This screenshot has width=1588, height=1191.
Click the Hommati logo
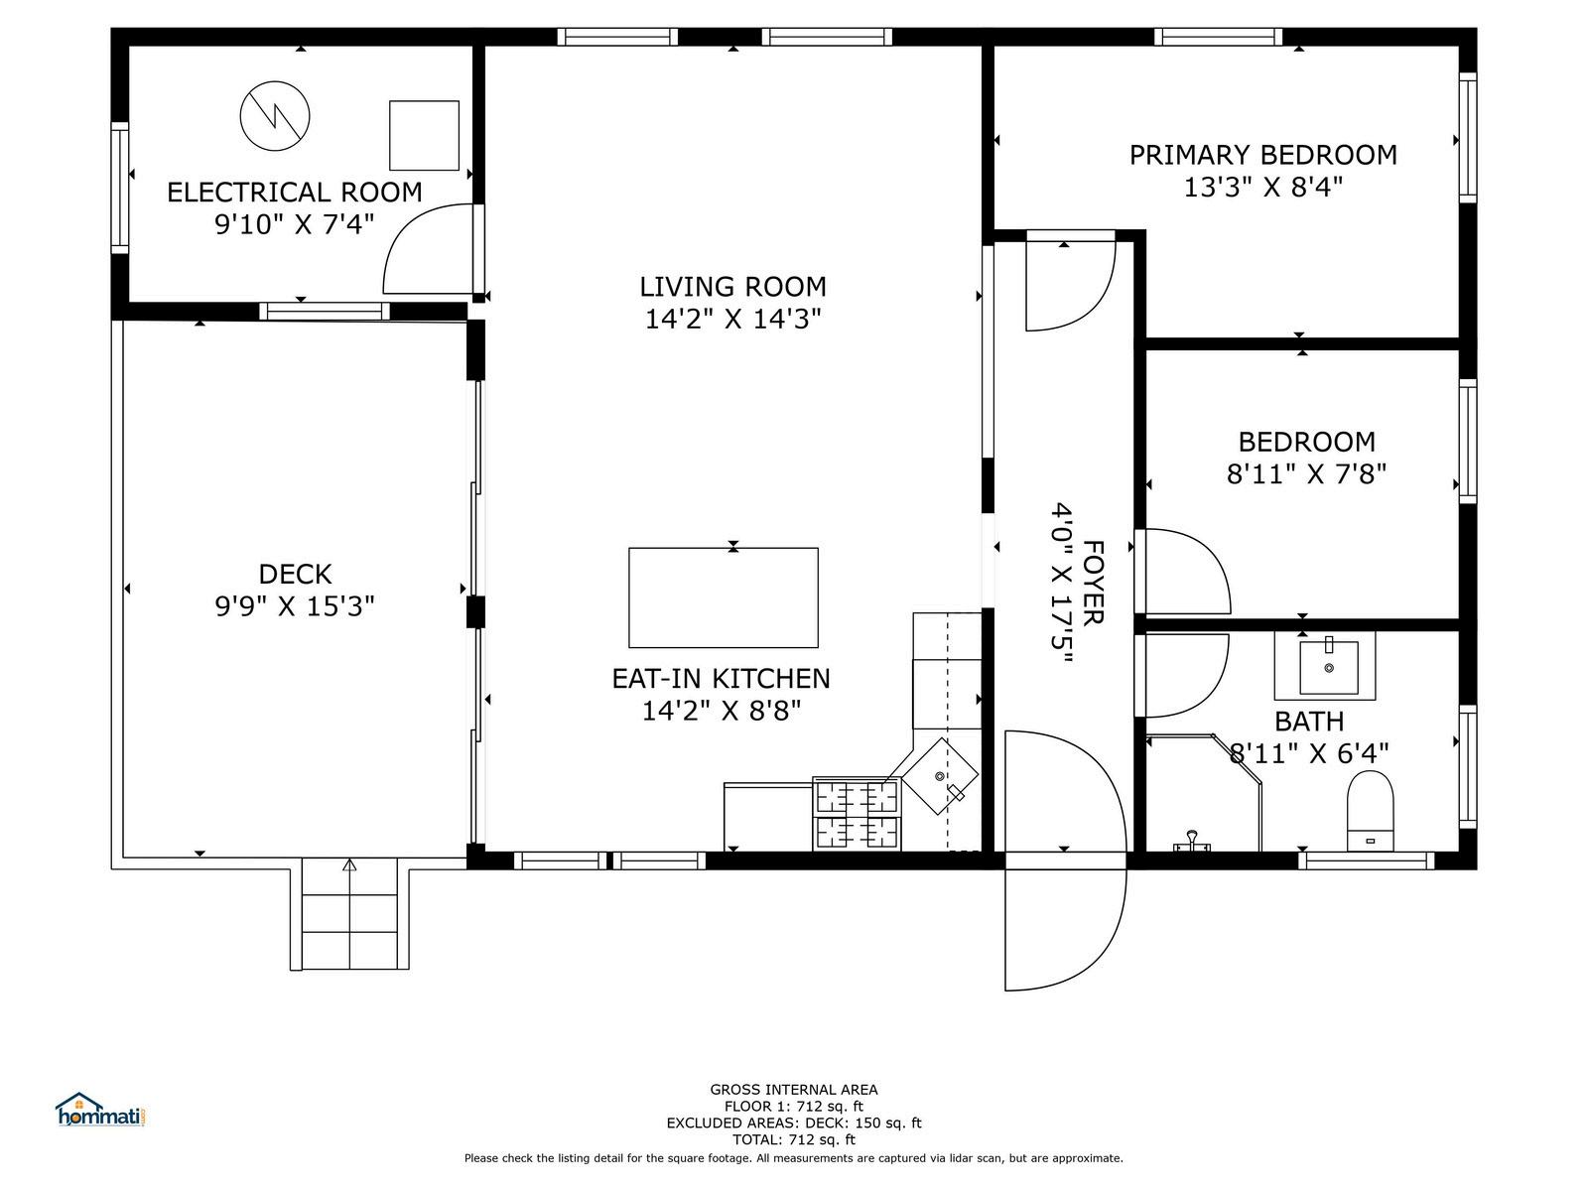tap(102, 1110)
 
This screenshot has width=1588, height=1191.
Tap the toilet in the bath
tap(1370, 811)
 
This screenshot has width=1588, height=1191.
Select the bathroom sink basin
tap(1328, 667)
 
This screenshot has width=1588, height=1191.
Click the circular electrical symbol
tap(275, 116)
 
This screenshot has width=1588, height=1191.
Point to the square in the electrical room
tap(424, 135)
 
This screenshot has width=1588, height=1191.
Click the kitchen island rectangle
tap(723, 597)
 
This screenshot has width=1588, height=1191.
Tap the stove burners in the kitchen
tap(857, 814)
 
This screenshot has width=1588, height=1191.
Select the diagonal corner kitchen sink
tap(940, 776)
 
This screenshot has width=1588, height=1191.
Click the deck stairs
tap(349, 914)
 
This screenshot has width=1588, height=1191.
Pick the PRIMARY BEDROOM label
tap(1262, 155)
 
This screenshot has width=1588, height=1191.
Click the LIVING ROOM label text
tap(732, 287)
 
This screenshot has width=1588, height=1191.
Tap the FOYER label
tap(1093, 583)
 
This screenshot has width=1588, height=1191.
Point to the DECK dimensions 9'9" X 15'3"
tap(295, 606)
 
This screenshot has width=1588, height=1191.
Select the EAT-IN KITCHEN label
tap(721, 678)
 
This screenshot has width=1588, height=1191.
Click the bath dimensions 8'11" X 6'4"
tap(1309, 753)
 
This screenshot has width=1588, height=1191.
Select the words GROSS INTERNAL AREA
tap(794, 1089)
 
